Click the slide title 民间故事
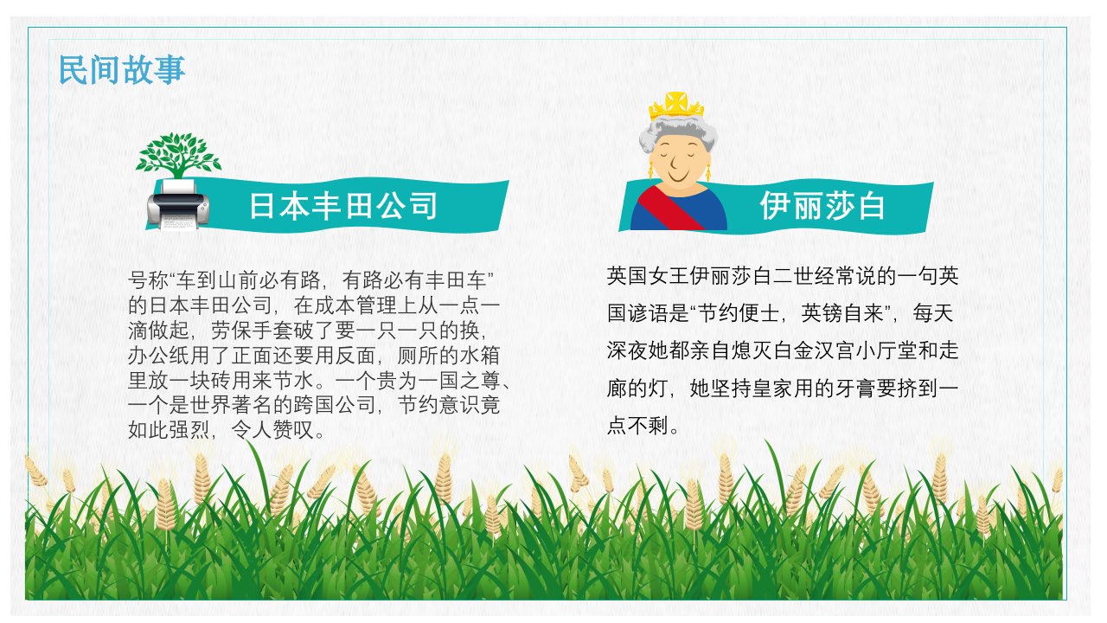click(122, 70)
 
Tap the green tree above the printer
click(178, 154)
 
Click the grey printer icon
click(178, 205)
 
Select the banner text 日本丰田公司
click(343, 206)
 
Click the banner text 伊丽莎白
click(822, 206)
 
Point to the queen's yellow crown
click(676, 106)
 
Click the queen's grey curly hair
click(678, 131)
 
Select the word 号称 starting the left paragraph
click(148, 280)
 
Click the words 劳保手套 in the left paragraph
click(252, 331)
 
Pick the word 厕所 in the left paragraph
click(418, 355)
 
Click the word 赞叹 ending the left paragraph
click(293, 430)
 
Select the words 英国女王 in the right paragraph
click(648, 276)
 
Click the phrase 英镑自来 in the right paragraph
click(842, 313)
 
